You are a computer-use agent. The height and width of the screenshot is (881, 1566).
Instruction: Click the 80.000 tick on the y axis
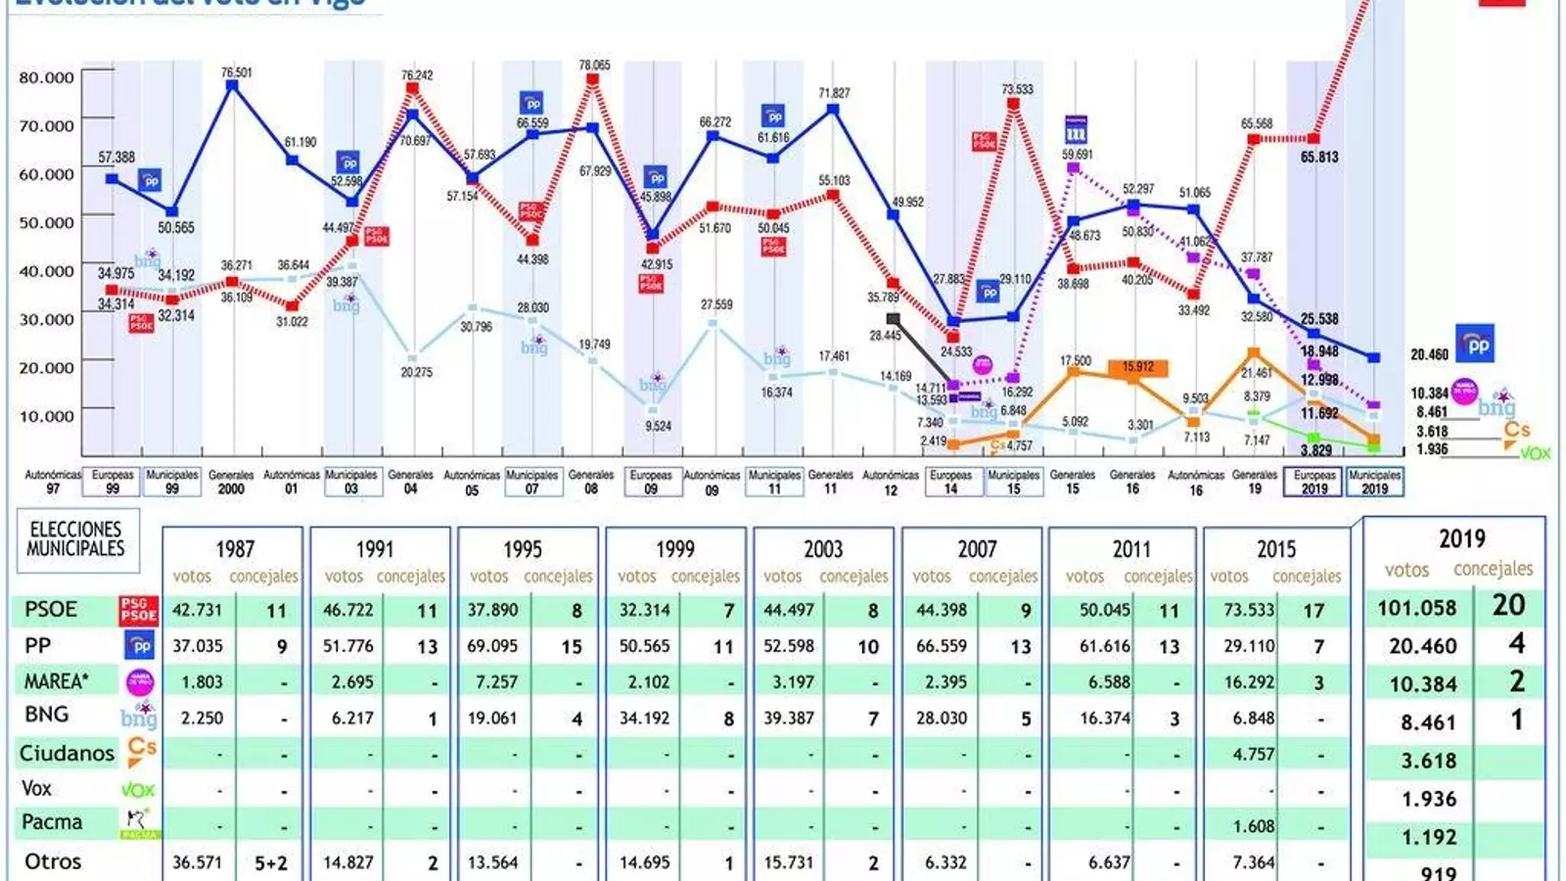(47, 77)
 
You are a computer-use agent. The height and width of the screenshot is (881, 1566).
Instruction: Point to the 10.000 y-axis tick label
(47, 416)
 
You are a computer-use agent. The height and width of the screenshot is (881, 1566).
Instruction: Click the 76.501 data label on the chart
(236, 72)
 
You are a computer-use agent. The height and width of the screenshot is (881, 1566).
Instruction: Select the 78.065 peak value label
(594, 65)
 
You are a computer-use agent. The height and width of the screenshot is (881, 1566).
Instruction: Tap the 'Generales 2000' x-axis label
(231, 482)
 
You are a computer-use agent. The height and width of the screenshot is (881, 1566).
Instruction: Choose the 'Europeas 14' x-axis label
(951, 482)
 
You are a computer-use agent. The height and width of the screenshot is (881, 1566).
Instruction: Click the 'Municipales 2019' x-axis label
(1374, 482)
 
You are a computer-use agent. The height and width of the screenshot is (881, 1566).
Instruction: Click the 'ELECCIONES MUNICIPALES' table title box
(76, 539)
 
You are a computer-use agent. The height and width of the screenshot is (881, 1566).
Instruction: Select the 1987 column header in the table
(235, 549)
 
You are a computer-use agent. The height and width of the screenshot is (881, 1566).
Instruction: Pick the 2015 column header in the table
(1276, 549)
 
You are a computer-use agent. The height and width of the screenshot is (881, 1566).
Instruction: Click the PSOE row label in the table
(51, 609)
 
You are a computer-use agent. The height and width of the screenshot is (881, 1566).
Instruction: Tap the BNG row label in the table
(47, 715)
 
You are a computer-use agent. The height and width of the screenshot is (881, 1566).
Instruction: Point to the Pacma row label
(52, 822)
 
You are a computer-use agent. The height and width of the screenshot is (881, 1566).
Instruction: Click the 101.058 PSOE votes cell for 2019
(1417, 608)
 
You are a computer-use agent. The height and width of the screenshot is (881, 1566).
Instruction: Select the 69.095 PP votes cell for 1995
(492, 646)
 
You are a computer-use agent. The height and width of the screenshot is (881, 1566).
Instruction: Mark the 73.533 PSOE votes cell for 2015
(1250, 610)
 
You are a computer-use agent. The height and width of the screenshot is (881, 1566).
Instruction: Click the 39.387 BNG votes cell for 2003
(789, 718)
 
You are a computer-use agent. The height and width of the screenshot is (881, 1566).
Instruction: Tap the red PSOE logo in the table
(138, 610)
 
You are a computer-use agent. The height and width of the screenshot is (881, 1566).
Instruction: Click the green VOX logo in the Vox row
(138, 790)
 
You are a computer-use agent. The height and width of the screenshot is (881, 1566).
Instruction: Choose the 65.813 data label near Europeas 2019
(1319, 157)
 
